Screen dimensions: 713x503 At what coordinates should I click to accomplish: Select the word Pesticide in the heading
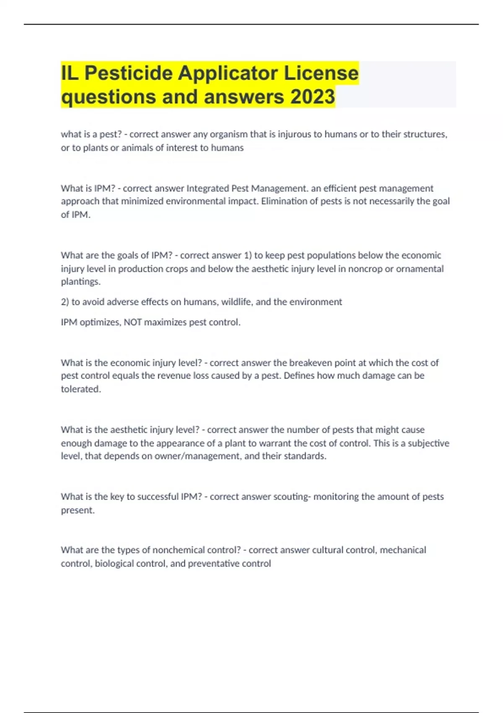point(129,73)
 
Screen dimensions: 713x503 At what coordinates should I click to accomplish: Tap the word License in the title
point(322,73)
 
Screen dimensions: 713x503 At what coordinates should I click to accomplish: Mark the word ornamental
point(420,268)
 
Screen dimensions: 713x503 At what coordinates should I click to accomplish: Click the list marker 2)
point(65,302)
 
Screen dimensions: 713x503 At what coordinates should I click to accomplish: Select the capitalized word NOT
point(132,323)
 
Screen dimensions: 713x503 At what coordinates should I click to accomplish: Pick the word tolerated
point(81,389)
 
